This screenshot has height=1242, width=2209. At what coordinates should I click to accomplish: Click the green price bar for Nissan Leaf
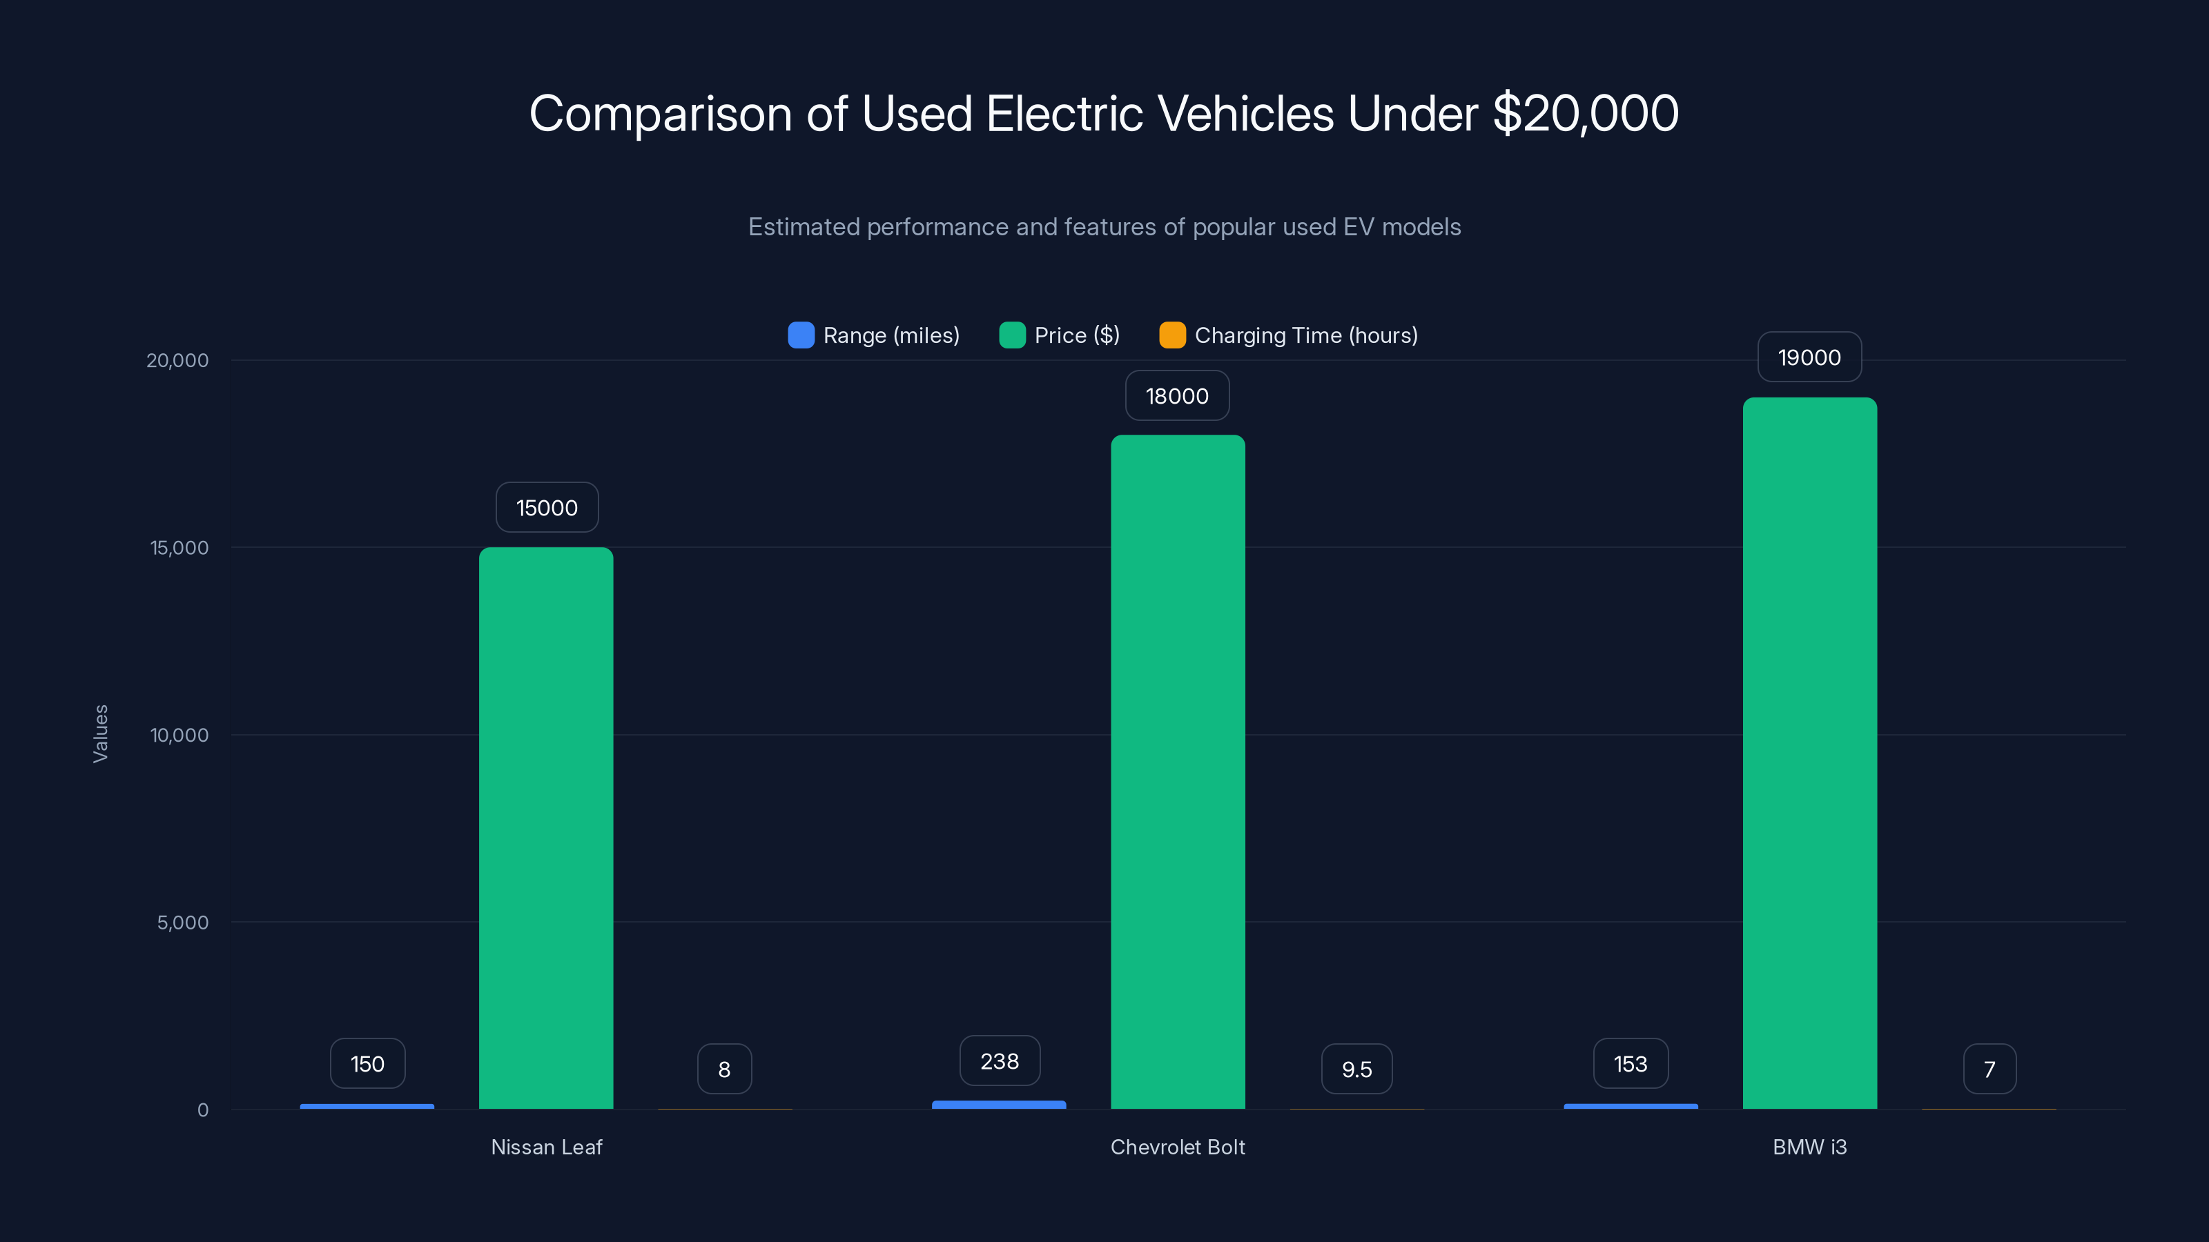click(546, 827)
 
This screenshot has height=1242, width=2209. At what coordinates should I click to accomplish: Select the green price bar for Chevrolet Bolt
click(1178, 771)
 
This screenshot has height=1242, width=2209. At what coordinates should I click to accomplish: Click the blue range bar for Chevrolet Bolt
click(999, 1105)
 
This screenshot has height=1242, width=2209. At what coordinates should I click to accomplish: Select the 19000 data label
click(1809, 357)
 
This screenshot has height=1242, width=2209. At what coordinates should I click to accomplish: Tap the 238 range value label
click(1000, 1061)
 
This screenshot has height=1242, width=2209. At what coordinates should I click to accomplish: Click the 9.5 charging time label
click(1356, 1069)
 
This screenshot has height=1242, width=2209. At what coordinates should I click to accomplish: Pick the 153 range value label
click(1630, 1064)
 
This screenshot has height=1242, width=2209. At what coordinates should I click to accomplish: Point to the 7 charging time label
click(1989, 1069)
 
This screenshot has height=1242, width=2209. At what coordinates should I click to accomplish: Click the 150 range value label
click(368, 1064)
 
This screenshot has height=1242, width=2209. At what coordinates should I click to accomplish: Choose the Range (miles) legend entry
click(875, 335)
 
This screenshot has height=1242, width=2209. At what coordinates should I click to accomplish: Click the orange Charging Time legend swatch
click(1172, 335)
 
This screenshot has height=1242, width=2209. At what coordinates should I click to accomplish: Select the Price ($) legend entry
click(1061, 335)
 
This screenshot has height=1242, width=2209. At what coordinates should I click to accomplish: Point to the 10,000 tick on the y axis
click(179, 735)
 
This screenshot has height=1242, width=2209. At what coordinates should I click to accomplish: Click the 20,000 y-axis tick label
click(177, 360)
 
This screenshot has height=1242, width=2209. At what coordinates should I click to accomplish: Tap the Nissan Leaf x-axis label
click(546, 1147)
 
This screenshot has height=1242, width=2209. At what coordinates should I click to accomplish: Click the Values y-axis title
click(100, 733)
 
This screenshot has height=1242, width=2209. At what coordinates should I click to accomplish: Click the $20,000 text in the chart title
click(1586, 113)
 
